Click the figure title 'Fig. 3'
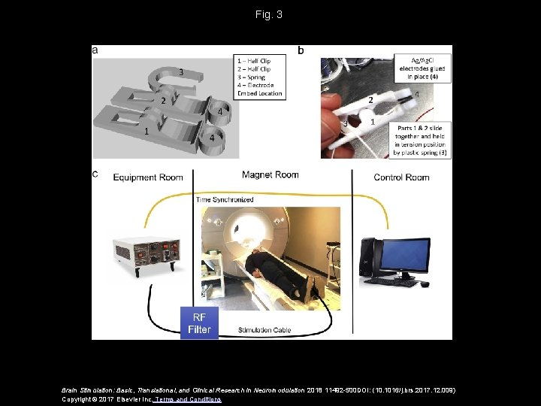pyautogui.click(x=268, y=14)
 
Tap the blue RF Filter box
pyautogui.click(x=199, y=323)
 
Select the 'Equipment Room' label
pyautogui.click(x=148, y=177)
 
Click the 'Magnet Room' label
pyautogui.click(x=270, y=174)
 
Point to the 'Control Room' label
pyautogui.click(x=401, y=177)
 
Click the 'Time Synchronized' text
pyautogui.click(x=225, y=200)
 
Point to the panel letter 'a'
pyautogui.click(x=95, y=50)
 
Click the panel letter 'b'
pyautogui.click(x=301, y=50)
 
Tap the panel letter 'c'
pyautogui.click(x=95, y=174)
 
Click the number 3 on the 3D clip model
pyautogui.click(x=180, y=72)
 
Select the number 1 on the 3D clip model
pyautogui.click(x=147, y=132)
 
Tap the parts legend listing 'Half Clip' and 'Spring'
pyautogui.click(x=259, y=76)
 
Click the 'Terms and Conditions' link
pyautogui.click(x=188, y=399)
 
